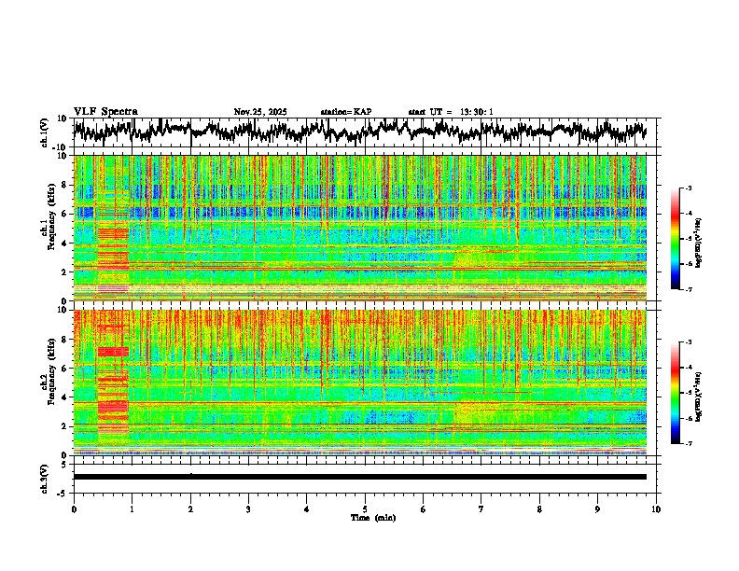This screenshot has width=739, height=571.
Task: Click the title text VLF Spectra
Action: pos(105,111)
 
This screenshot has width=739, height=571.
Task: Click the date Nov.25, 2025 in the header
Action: pos(260,112)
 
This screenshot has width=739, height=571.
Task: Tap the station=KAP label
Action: pos(345,112)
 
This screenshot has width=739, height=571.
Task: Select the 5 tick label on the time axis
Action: pos(365,508)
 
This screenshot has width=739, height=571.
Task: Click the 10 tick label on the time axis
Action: pos(656,508)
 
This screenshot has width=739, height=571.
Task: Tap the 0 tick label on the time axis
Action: pos(74,508)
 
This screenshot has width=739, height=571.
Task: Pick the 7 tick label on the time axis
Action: pos(481,508)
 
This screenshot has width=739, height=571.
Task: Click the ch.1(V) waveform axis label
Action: pos(45,132)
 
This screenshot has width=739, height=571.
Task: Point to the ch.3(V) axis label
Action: pos(45,476)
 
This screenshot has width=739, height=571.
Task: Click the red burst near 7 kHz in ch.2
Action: pos(112,352)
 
